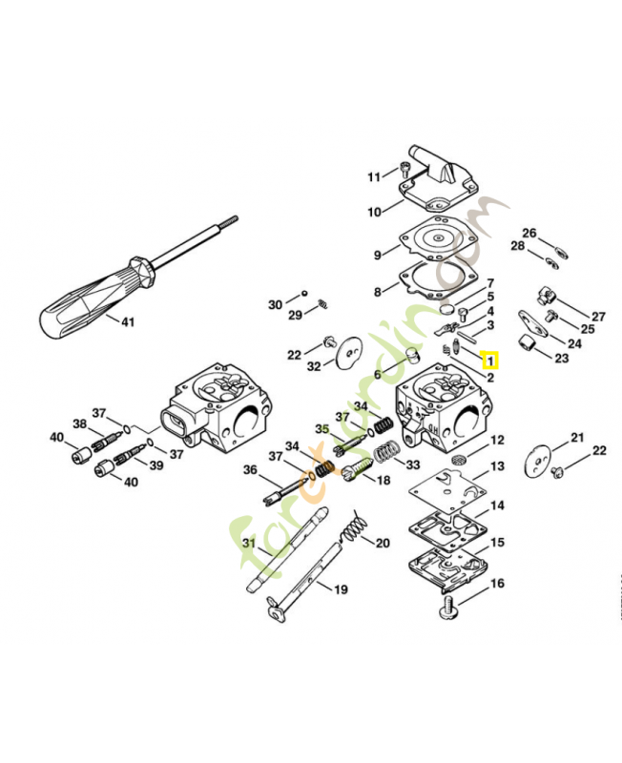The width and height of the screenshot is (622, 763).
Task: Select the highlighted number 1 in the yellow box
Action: click(490, 361)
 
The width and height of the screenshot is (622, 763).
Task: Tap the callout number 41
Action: click(128, 322)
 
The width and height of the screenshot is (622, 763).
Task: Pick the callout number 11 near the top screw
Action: click(374, 176)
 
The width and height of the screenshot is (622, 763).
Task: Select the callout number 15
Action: click(497, 543)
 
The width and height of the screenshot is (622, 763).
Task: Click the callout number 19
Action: click(341, 589)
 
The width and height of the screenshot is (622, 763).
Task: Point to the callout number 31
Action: click(249, 544)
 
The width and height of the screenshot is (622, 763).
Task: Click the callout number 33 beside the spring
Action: click(413, 464)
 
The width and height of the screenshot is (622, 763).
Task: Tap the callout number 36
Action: click(250, 469)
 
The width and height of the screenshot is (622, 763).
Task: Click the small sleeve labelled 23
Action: click(524, 343)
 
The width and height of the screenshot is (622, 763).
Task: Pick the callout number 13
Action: click(497, 466)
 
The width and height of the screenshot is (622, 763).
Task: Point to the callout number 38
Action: click(80, 424)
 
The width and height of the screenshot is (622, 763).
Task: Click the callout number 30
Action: click(275, 304)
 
